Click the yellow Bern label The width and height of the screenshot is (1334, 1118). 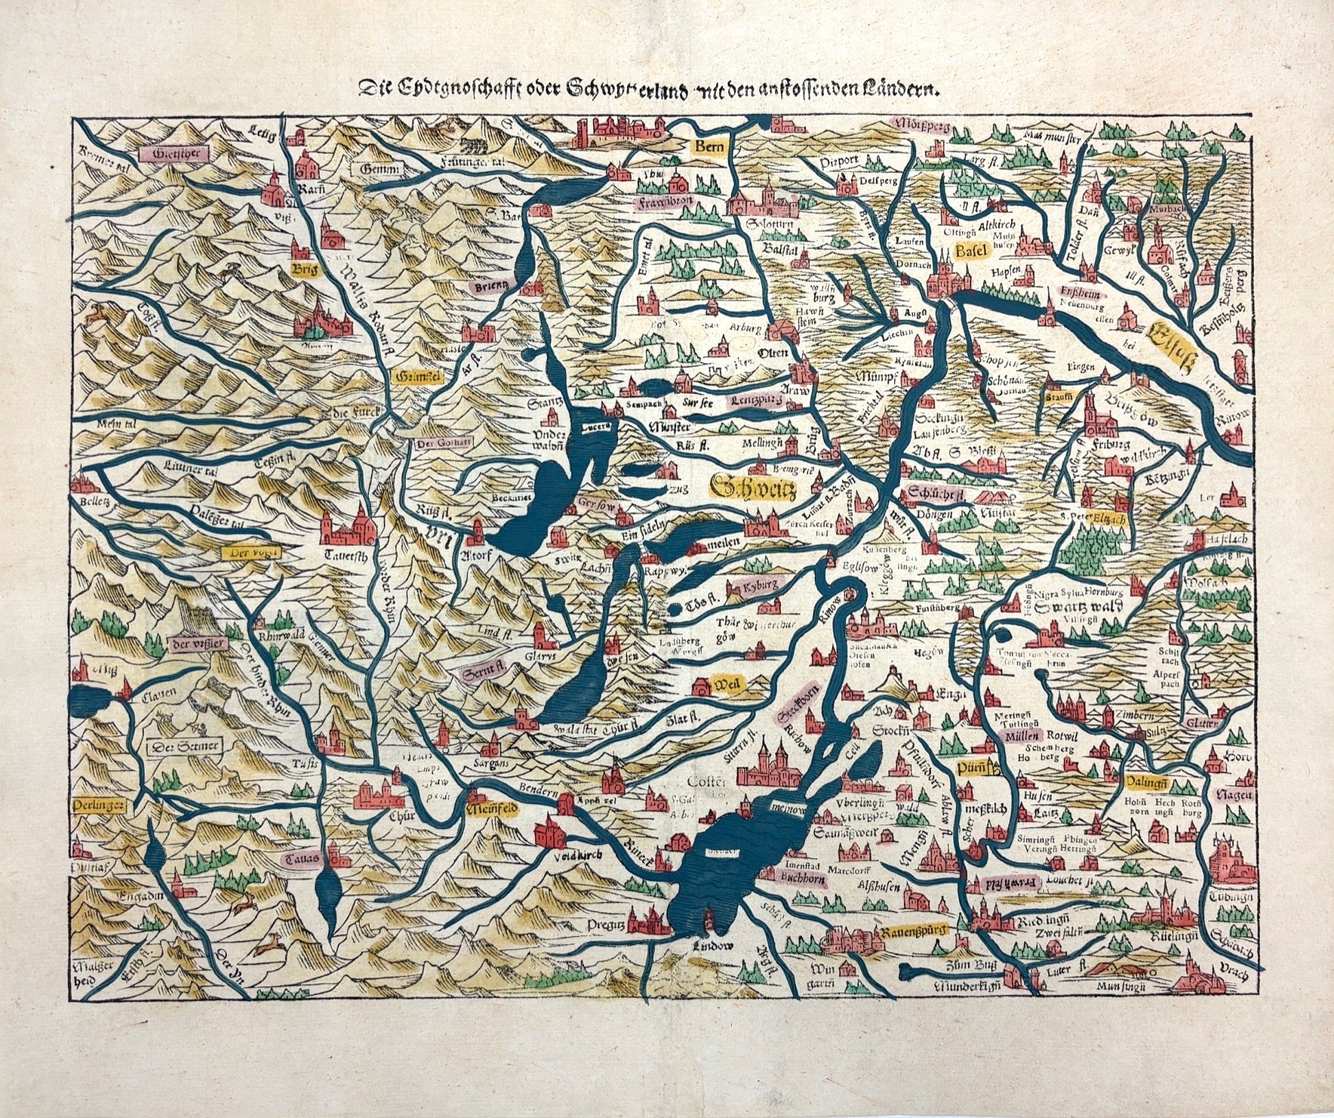click(709, 146)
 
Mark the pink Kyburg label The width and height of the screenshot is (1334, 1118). click(757, 587)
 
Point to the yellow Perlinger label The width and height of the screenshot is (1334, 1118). click(100, 805)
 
